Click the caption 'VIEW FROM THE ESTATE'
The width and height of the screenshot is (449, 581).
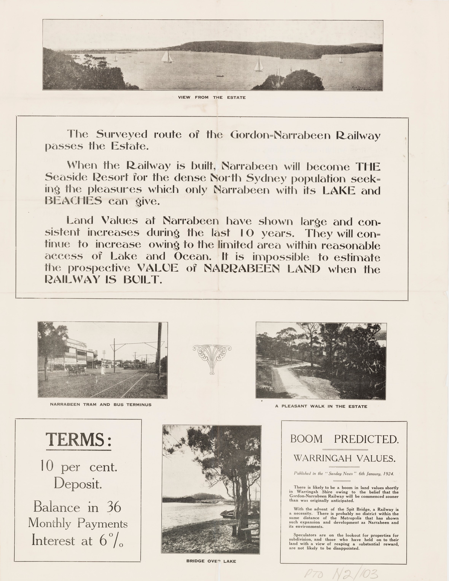pos(212,97)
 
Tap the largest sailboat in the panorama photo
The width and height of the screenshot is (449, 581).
pos(167,57)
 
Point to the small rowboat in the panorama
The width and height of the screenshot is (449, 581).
pos(220,76)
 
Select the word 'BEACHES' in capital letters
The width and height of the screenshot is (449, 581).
pos(73,201)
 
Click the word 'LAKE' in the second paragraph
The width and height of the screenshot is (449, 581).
pos(338,190)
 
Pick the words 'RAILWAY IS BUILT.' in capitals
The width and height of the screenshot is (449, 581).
pos(103,280)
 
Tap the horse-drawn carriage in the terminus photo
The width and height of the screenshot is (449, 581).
pos(76,371)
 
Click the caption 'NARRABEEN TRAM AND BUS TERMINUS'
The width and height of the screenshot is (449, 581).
pos(101,405)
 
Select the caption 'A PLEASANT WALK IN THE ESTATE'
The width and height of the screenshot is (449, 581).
pos(321,406)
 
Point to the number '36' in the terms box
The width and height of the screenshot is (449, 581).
pos(114,507)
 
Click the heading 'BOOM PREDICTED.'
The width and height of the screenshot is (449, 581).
pos(344,439)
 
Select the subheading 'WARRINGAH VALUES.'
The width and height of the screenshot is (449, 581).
pos(344,458)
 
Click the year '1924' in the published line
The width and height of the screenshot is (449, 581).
pos(388,474)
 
